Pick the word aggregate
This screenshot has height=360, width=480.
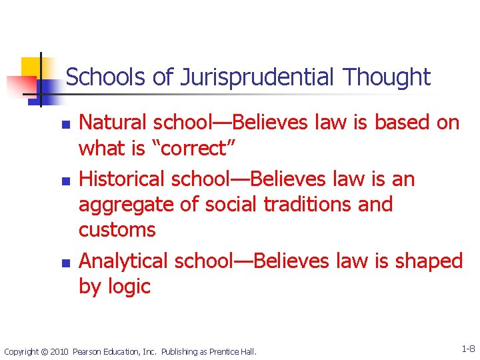tap(125, 205)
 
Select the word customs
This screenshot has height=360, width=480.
tap(117, 230)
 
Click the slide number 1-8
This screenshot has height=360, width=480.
tap(467, 349)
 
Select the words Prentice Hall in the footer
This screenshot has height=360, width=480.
tap(236, 351)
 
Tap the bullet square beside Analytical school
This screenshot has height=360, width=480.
tap(64, 263)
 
